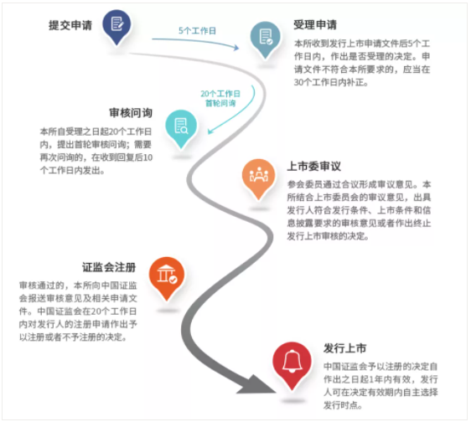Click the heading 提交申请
[x=70, y=25]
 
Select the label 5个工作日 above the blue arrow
[x=197, y=31]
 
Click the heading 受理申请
[x=315, y=24]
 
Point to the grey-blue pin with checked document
[x=265, y=39]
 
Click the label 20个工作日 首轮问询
[x=220, y=99]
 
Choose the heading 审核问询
[x=131, y=113]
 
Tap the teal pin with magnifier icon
[x=181, y=128]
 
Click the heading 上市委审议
[x=314, y=166]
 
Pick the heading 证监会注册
[x=109, y=267]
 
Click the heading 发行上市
[x=344, y=348]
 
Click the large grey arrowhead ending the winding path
[x=257, y=385]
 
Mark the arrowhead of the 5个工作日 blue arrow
[x=236, y=48]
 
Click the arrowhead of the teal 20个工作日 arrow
[x=210, y=131]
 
